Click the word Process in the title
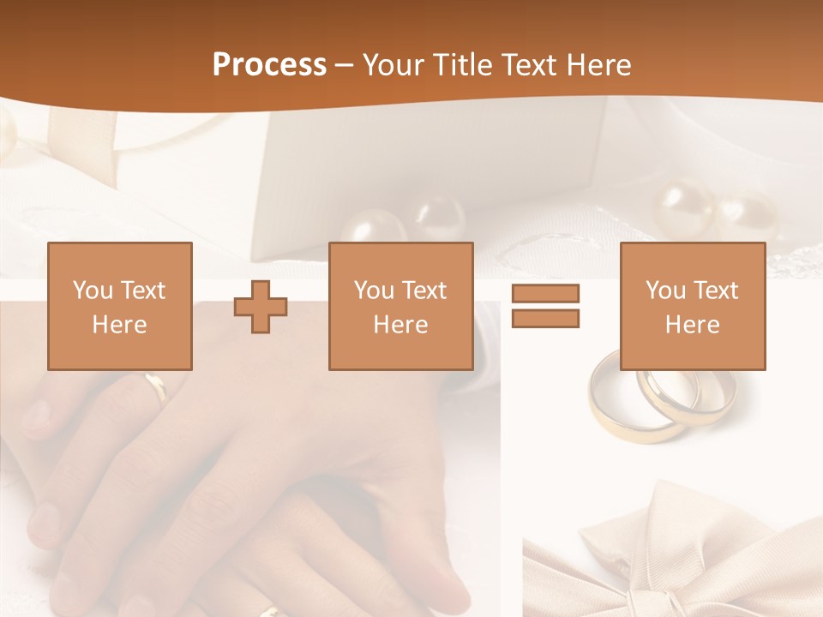click(x=269, y=65)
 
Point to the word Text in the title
click(x=532, y=65)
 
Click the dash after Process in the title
click(x=345, y=66)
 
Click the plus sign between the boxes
click(x=261, y=306)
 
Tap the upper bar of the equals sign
click(x=545, y=293)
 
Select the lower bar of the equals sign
click(x=545, y=318)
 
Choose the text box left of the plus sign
click(x=119, y=306)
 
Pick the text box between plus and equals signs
click(x=400, y=306)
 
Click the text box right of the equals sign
click(x=692, y=306)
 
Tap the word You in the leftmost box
click(x=93, y=290)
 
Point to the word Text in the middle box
click(x=424, y=291)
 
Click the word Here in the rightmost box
click(x=692, y=325)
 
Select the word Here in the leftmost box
click(x=119, y=325)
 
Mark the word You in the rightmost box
click(x=665, y=291)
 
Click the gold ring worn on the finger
click(x=157, y=387)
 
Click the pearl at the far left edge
click(x=7, y=135)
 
